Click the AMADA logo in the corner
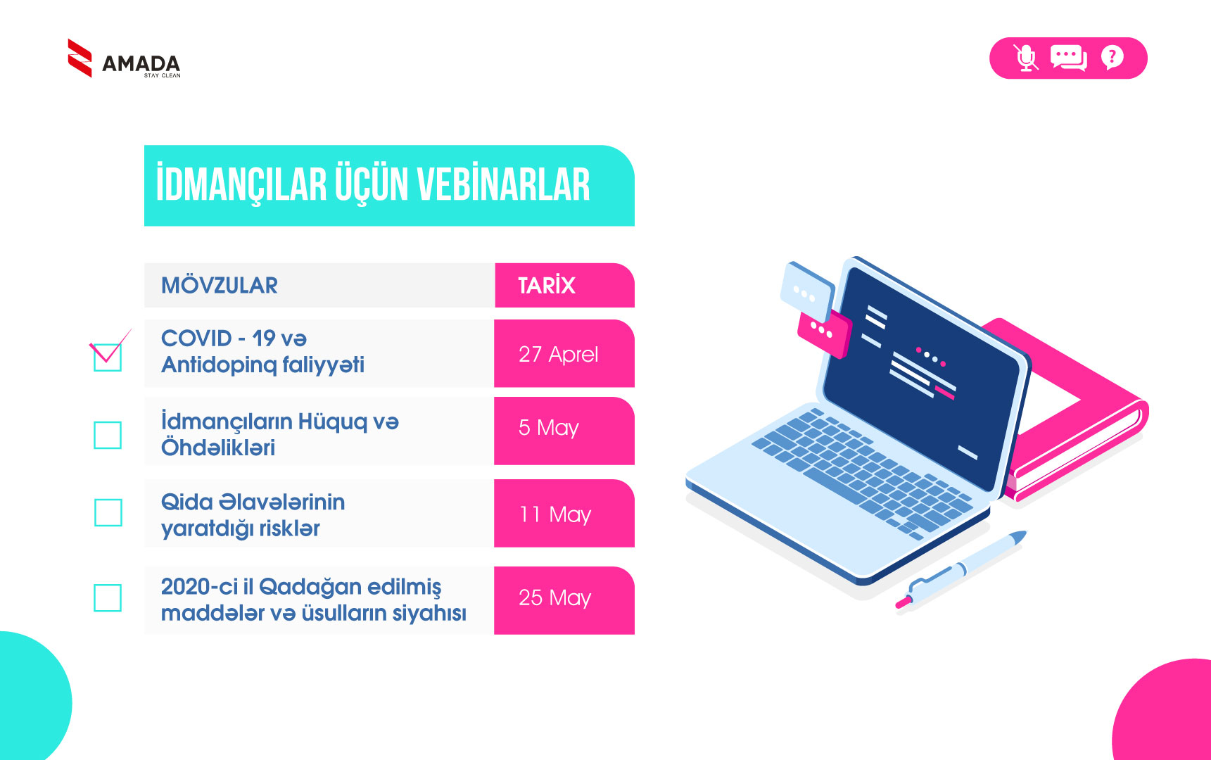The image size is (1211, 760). coord(124,58)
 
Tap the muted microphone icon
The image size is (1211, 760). coord(1027,58)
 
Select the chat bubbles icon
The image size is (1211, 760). coord(1069,58)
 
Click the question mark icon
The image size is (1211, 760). coord(1112,57)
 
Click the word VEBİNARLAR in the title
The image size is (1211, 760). coord(503,184)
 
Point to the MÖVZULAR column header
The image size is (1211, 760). coord(220,285)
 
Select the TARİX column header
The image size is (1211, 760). coord(547,285)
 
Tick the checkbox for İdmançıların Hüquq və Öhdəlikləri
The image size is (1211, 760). coord(108,435)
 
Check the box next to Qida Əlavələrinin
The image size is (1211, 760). coord(108,512)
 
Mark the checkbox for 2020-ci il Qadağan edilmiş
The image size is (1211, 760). coord(108,597)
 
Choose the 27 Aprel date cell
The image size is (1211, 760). coord(564,353)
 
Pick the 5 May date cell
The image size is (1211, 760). coord(564,431)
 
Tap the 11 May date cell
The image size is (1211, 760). coord(564,513)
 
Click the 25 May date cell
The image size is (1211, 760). coord(564,600)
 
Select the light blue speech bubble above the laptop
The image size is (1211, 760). coord(807,291)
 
